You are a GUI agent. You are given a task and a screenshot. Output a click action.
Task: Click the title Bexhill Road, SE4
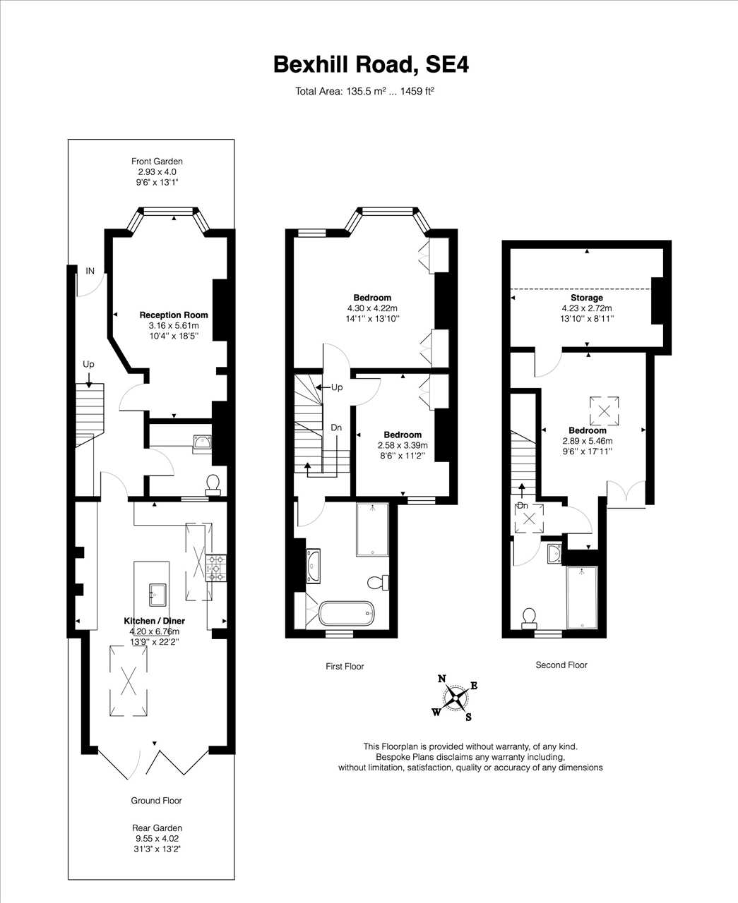coord(371,65)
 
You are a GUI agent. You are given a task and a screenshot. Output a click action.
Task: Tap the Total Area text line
coord(364,91)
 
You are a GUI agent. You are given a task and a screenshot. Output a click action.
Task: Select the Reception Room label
coord(174,315)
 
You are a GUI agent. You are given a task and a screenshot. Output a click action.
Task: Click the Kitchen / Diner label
coord(154,620)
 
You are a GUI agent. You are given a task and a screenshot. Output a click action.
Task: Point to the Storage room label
coord(587,298)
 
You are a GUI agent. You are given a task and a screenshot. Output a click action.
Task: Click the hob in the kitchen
coord(216,568)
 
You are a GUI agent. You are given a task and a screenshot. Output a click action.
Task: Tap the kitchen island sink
coord(157,595)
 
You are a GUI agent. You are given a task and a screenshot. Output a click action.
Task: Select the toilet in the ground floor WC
coord(213,485)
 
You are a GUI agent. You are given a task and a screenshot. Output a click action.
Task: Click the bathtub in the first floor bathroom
coord(346,614)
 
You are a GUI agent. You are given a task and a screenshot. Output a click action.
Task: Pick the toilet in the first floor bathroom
coord(378,582)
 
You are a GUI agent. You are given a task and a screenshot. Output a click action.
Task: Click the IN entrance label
coord(90,271)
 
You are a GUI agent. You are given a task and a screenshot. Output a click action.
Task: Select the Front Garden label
coord(157,162)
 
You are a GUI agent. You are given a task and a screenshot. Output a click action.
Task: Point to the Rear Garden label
coord(157,828)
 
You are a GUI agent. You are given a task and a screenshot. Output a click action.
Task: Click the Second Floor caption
coord(561,665)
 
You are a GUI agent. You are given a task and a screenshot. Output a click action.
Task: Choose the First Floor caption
coord(345,666)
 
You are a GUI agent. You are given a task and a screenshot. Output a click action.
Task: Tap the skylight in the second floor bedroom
coord(604,411)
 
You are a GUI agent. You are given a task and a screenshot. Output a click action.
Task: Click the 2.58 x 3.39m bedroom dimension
coord(403,445)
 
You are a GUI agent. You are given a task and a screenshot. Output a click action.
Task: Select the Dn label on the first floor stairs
coord(336,428)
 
